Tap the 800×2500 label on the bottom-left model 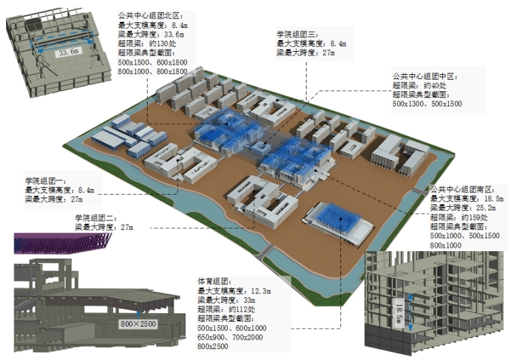pos(138,323)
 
